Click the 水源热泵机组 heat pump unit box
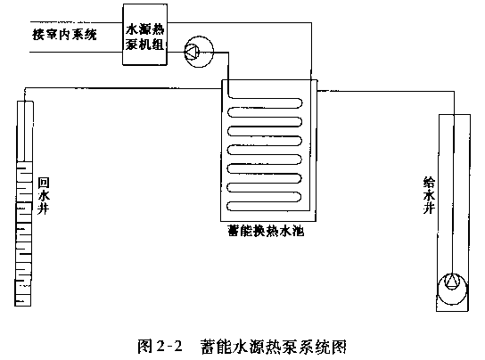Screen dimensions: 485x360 click(x=145, y=35)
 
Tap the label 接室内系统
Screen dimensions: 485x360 click(x=64, y=35)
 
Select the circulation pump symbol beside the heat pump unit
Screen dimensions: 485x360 click(x=199, y=52)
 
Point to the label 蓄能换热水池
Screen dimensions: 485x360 click(x=266, y=231)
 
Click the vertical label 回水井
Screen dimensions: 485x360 click(x=44, y=196)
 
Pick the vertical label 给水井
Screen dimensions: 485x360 click(x=429, y=195)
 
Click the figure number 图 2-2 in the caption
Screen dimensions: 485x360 click(x=160, y=346)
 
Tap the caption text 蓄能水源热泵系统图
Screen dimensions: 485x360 click(x=274, y=347)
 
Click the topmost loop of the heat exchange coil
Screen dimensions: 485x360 click(x=265, y=103)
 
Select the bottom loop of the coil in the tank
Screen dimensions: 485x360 click(x=264, y=206)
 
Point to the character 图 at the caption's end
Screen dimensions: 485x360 click(x=340, y=347)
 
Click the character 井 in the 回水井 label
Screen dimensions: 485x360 click(x=44, y=209)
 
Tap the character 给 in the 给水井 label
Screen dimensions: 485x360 click(x=429, y=183)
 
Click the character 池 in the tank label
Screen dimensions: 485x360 click(x=298, y=231)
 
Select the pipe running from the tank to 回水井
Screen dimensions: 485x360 click(x=123, y=88)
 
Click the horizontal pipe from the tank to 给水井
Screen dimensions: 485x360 click(x=386, y=91)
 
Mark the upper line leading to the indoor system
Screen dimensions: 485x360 click(x=77, y=22)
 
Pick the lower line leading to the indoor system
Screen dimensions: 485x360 click(x=77, y=52)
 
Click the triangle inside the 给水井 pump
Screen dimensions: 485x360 click(x=452, y=282)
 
